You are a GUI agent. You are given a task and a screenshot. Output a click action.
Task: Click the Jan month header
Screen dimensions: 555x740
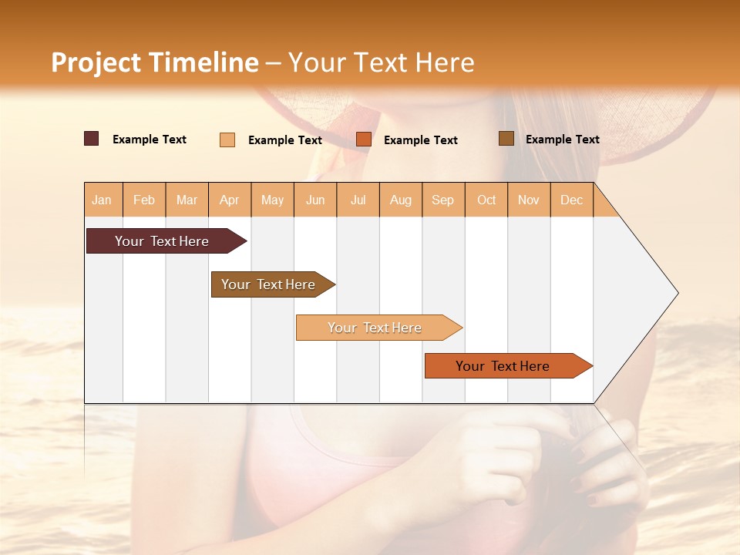103,200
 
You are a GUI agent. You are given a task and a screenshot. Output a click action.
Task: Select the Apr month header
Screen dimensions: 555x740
230,200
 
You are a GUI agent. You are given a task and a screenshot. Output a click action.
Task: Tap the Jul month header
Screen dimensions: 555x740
358,200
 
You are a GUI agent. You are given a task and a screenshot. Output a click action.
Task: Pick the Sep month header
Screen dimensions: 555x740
442,200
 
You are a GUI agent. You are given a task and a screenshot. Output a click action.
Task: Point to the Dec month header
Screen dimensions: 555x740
571,200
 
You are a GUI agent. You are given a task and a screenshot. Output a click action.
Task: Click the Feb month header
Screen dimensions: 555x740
144,200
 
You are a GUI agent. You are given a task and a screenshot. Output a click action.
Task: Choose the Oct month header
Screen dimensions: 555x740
486,200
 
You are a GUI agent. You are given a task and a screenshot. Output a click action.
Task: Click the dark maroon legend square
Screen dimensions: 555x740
92,139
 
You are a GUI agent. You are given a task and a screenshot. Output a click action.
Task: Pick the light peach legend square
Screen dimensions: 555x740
227,140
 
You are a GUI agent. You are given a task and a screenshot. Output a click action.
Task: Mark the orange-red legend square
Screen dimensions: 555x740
364,140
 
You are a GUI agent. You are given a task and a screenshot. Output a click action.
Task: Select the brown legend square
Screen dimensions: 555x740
506,139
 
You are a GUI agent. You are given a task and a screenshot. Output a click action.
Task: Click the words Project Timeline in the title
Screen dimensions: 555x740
154,62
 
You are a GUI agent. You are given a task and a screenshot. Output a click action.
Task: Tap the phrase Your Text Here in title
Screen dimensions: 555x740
381,62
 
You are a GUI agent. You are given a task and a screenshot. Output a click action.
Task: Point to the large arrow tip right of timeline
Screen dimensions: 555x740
647,293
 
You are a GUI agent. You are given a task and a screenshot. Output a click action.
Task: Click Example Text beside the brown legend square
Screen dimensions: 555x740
562,140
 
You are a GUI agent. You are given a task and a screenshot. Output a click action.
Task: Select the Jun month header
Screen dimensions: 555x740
315,200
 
